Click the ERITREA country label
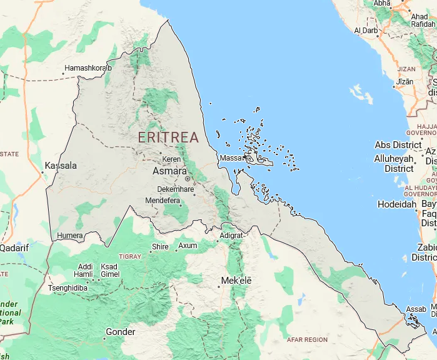click(x=168, y=137)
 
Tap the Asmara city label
click(x=169, y=171)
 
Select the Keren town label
click(x=172, y=159)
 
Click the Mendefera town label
click(x=163, y=201)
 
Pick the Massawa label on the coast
click(x=231, y=158)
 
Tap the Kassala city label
click(x=61, y=166)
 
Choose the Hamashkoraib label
click(x=88, y=67)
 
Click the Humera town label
click(x=69, y=236)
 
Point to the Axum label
click(x=188, y=246)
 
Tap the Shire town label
click(x=160, y=247)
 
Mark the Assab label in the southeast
click(x=416, y=309)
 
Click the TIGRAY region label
click(x=130, y=256)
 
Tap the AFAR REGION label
click(x=307, y=339)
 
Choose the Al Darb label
click(x=366, y=30)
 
